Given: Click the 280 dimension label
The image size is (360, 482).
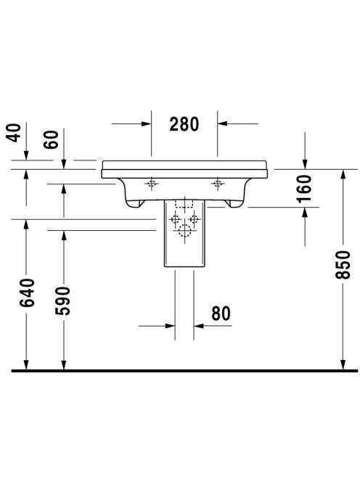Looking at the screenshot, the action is coord(184,124).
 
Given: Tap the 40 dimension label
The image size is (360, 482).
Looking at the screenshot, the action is coord(14,133).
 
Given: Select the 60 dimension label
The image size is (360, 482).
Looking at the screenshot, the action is coord(51,139).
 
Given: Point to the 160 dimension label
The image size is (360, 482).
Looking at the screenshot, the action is coord(304,189).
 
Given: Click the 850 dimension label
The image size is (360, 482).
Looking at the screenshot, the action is coord(343,265).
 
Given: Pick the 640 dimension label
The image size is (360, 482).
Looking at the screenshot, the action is coord(27,293).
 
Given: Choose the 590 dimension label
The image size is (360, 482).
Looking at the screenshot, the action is coord(62,301).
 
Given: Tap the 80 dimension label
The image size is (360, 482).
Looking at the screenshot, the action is coord(221,314).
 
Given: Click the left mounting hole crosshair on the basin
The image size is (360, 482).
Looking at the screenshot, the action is coord(151,184).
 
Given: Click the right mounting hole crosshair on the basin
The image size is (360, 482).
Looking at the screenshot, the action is coord(217,184).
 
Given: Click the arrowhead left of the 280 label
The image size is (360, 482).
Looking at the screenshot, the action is coord(147,124).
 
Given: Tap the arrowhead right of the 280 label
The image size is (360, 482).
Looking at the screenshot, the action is coord(222,123).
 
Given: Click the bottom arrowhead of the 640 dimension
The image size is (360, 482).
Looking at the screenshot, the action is coord(26,364).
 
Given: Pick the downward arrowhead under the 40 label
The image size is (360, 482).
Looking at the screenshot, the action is coord(26,155).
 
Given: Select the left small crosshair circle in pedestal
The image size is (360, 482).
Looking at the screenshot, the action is coord(175,219).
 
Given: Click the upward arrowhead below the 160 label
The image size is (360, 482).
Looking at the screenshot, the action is coord(305,212).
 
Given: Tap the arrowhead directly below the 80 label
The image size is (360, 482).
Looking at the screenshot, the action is coord(199,326).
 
